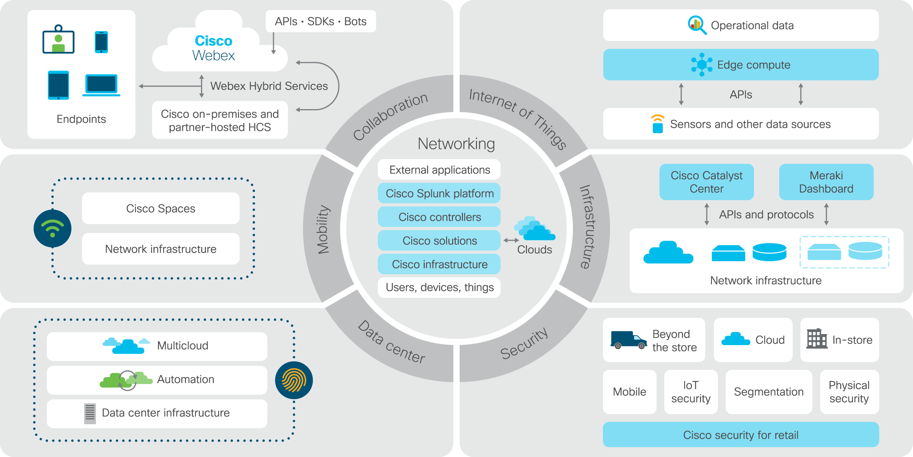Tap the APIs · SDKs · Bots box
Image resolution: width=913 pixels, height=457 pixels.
pyautogui.click(x=320, y=21)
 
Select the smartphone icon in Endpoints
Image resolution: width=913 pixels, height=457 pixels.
pyautogui.click(x=101, y=42)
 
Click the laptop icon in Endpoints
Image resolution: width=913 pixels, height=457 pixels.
pyautogui.click(x=101, y=85)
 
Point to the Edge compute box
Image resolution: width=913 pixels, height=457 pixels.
pyautogui.click(x=741, y=65)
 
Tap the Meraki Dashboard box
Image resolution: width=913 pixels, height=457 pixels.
pyautogui.click(x=826, y=182)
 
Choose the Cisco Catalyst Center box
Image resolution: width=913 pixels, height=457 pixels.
pyautogui.click(x=706, y=182)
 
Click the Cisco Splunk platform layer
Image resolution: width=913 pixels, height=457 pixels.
pyautogui.click(x=439, y=193)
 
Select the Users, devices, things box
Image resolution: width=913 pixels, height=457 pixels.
pyautogui.click(x=439, y=288)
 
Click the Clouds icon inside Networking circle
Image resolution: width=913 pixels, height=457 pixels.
pyautogui.click(x=534, y=229)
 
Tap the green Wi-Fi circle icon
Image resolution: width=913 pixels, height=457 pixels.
pyautogui.click(x=52, y=228)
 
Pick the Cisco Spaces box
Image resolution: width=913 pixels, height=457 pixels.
pyautogui.click(x=161, y=208)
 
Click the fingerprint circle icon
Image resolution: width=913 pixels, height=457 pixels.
pyautogui.click(x=294, y=380)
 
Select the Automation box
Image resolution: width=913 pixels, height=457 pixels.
pyautogui.click(x=157, y=380)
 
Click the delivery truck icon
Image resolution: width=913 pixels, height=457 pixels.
pyautogui.click(x=628, y=340)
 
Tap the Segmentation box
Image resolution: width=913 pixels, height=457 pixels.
pyautogui.click(x=769, y=392)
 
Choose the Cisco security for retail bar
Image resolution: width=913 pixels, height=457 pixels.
pyautogui.click(x=741, y=435)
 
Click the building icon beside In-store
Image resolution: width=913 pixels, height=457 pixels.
pyautogui.click(x=817, y=338)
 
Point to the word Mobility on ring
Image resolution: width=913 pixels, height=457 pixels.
pyautogui.click(x=323, y=229)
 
